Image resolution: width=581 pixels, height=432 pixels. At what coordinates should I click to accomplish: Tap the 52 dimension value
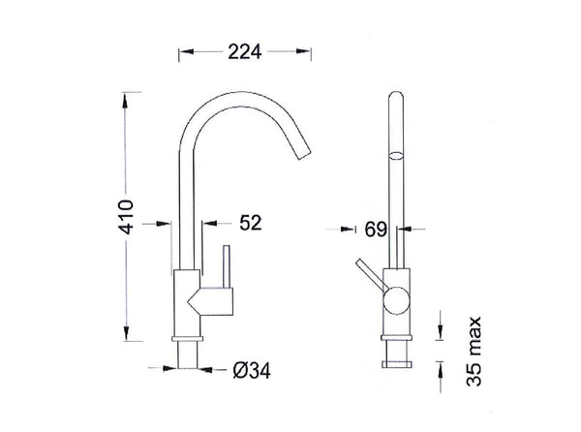tap(250, 223)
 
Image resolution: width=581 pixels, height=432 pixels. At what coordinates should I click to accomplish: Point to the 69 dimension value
tap(377, 230)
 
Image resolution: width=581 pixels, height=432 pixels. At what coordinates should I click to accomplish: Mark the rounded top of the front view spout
tap(396, 96)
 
